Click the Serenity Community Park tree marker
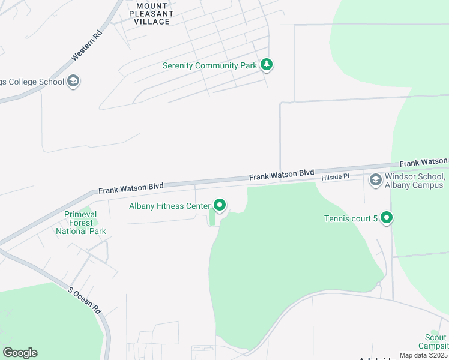point(267,65)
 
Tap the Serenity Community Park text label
point(210,65)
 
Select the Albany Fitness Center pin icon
point(220,206)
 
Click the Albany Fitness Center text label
point(170,206)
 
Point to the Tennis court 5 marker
point(387,218)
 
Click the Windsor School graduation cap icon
point(376,179)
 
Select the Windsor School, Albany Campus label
point(414,181)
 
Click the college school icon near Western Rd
point(73,81)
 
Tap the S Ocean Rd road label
point(84,300)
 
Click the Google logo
point(20,353)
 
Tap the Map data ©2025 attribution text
point(423,355)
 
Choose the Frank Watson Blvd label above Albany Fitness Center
point(131,189)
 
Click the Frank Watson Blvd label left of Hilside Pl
point(282,175)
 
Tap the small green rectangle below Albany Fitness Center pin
point(212,220)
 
